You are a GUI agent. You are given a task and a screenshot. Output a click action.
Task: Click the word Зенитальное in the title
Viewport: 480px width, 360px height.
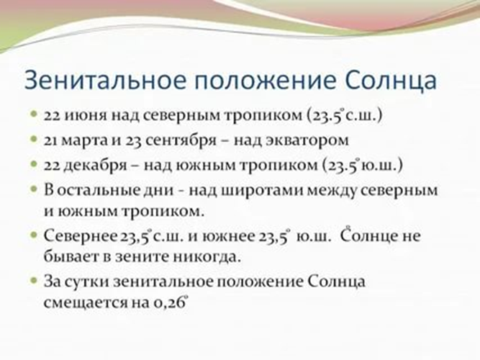click(x=105, y=80)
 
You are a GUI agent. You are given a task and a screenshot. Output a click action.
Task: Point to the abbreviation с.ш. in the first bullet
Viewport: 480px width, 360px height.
click(x=361, y=116)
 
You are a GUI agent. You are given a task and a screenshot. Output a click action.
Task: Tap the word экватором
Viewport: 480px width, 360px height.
click(x=307, y=140)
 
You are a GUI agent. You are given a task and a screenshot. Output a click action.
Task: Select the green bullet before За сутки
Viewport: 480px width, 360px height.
click(x=34, y=280)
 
